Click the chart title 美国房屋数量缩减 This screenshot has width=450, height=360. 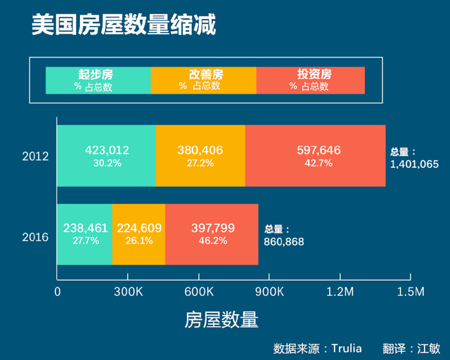pyautogui.click(x=124, y=25)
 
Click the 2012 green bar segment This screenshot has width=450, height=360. pyautogui.click(x=106, y=155)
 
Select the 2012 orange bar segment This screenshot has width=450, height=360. pyautogui.click(x=200, y=155)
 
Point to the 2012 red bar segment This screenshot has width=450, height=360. pyautogui.click(x=315, y=155)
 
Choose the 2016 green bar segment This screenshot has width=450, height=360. pyautogui.click(x=84, y=234)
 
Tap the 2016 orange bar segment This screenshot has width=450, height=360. pyautogui.click(x=139, y=234)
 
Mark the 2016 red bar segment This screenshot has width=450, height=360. pyautogui.click(x=212, y=234)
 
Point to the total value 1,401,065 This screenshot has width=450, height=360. pyautogui.click(x=413, y=165)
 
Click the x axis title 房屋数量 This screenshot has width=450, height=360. pyautogui.click(x=221, y=320)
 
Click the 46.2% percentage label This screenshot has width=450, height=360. pyautogui.click(x=213, y=240)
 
